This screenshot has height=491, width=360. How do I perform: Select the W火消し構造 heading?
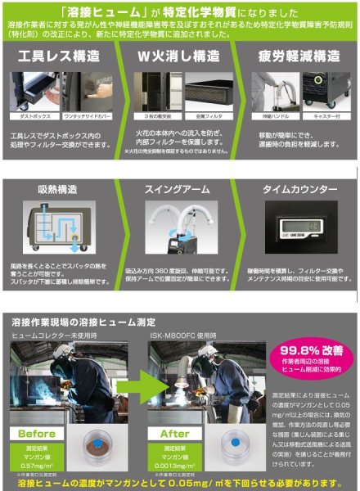point(173,60)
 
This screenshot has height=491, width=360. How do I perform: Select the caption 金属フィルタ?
point(205,117)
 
